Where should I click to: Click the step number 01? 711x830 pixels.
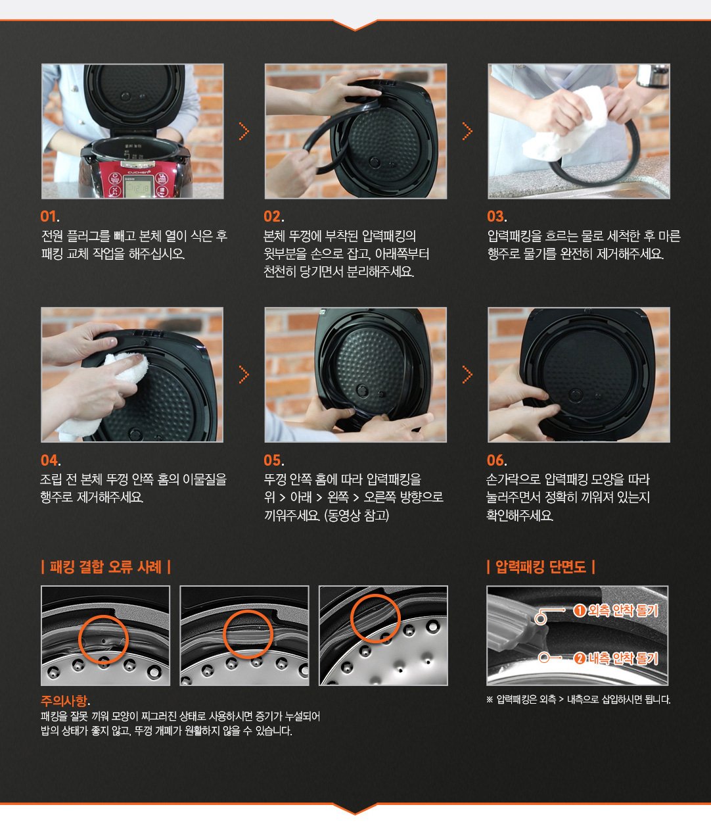(x=50, y=216)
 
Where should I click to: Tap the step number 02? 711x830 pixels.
(x=273, y=216)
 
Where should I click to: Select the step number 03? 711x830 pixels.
(x=497, y=216)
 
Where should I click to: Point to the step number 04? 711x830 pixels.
(x=51, y=460)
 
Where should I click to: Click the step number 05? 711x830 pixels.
(x=273, y=460)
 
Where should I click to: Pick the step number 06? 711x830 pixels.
(x=497, y=460)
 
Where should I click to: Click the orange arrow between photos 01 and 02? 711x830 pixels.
(x=244, y=132)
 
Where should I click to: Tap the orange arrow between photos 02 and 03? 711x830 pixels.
(x=467, y=132)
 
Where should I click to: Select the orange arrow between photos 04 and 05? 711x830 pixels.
(x=244, y=375)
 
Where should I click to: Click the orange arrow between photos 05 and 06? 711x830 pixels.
(x=467, y=375)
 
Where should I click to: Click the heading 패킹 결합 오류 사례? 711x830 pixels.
(x=106, y=567)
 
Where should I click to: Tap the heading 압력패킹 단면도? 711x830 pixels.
(x=540, y=567)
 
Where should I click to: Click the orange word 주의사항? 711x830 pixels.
(x=64, y=700)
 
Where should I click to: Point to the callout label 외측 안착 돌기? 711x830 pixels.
(x=623, y=611)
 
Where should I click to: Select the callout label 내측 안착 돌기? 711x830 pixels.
(x=623, y=658)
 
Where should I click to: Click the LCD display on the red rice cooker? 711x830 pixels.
(x=137, y=188)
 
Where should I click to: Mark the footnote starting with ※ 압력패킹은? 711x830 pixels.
(x=578, y=700)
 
